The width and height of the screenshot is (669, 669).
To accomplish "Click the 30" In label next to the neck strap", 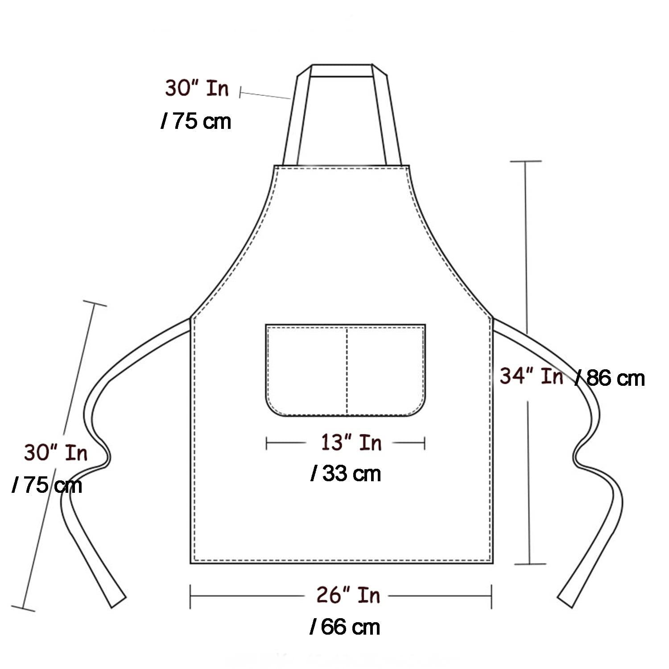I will click(197, 88).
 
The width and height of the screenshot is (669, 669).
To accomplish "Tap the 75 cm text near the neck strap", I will click(196, 121).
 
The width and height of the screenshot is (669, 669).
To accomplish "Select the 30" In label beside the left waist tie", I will click(56, 453).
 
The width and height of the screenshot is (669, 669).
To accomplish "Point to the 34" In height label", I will click(531, 376).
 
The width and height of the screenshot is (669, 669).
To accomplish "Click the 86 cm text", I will click(611, 378).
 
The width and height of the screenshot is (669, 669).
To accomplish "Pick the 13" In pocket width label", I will click(351, 442).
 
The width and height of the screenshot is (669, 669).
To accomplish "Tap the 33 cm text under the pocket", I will click(346, 473).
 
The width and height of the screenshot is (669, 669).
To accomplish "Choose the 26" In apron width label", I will click(348, 595).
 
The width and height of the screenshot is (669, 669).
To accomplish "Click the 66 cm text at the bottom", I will click(345, 627).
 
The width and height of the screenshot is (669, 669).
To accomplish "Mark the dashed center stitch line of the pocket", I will click(347, 370).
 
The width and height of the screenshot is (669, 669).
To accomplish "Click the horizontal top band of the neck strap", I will click(342, 70).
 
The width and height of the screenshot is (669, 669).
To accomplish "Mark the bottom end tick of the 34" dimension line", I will click(530, 564).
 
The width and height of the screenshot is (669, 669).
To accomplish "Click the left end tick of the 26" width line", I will click(190, 596).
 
